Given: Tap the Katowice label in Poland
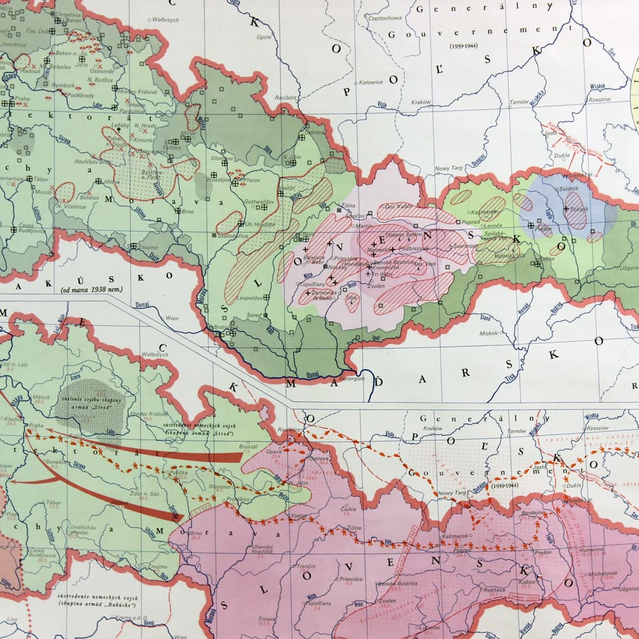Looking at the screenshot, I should [371, 82].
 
